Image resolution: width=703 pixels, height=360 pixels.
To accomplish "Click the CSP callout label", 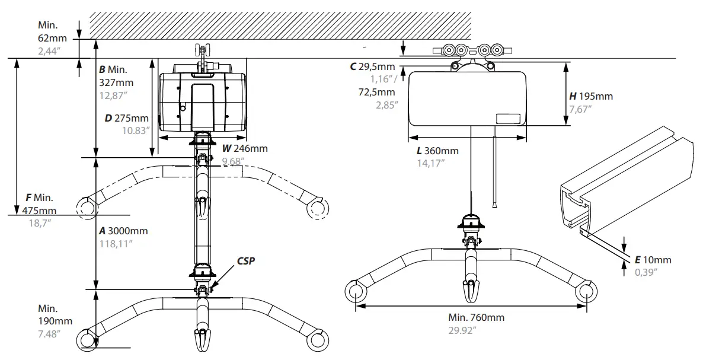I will pos(245,260).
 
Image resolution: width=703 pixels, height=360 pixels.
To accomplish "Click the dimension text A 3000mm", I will pos(123,231).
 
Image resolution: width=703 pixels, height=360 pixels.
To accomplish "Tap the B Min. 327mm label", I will pos(116,76).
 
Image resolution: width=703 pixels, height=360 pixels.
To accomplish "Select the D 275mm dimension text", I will pos(126,118).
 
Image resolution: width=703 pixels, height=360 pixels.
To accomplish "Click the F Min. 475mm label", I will pos(40,203).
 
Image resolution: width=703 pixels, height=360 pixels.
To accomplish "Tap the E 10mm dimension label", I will pos(653,260).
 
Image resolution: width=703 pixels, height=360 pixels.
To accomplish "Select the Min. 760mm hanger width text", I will pos(476,317).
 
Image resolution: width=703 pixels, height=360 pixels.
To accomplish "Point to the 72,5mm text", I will pos(376,92).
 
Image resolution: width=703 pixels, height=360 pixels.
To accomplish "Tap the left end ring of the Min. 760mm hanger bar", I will pos(356,291).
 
